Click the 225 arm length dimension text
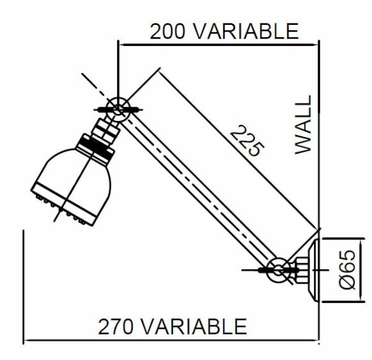(247, 140)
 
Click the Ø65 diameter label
(348, 268)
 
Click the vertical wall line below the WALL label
(318, 186)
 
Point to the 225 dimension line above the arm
(236, 149)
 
